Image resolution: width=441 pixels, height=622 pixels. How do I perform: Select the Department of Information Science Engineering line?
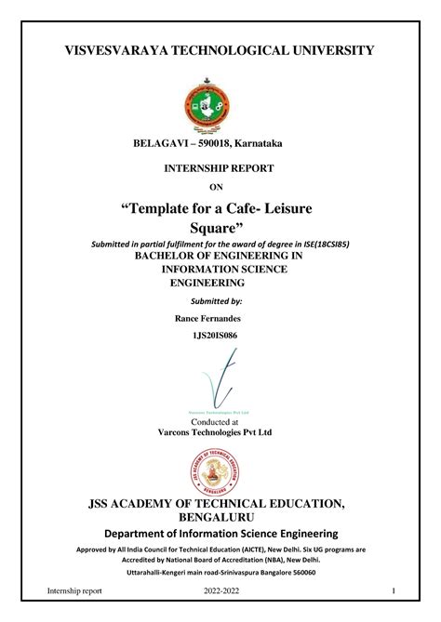tap(220, 533)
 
